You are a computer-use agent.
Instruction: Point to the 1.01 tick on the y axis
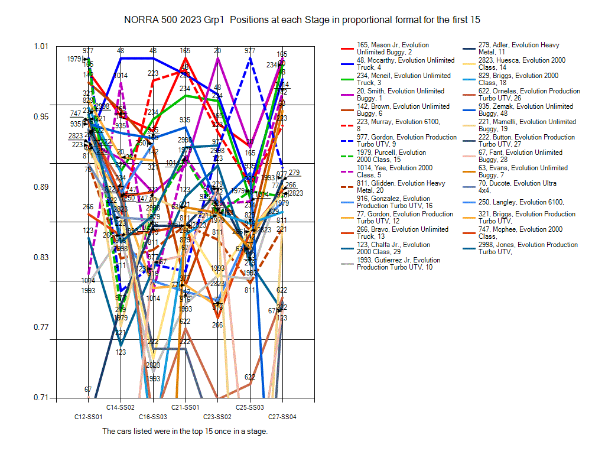click(x=41, y=46)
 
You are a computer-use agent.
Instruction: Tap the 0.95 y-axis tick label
click(x=41, y=116)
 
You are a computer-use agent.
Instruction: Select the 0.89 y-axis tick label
click(x=41, y=187)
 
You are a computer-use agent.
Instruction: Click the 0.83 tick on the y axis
click(x=41, y=257)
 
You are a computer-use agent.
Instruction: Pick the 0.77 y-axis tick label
click(x=41, y=327)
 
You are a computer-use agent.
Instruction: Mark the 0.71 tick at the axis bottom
click(x=41, y=397)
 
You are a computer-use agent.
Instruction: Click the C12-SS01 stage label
click(x=89, y=417)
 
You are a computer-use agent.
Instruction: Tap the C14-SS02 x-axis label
click(x=121, y=407)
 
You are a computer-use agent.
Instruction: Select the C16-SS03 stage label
click(x=153, y=417)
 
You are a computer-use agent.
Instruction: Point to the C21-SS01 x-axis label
click(x=185, y=407)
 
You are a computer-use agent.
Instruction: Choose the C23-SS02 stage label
click(x=217, y=417)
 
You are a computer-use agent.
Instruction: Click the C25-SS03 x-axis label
click(x=250, y=407)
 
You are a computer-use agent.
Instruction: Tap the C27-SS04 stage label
click(x=282, y=417)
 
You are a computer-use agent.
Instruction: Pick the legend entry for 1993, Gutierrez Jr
click(x=399, y=264)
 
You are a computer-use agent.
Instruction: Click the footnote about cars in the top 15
click(x=185, y=432)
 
